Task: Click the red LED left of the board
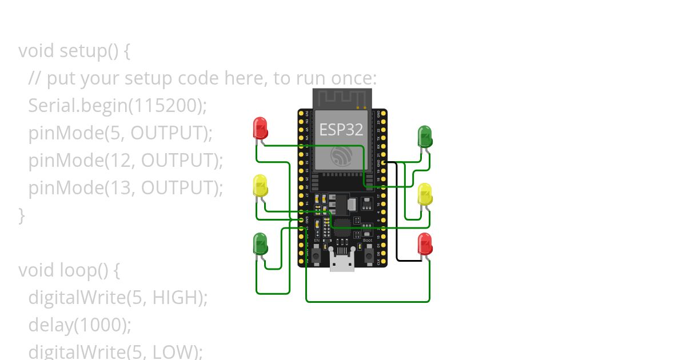coord(260,128)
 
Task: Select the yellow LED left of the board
coord(260,186)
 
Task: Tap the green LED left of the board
coord(260,243)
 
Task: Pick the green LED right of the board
coord(425,136)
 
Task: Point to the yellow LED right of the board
coord(425,194)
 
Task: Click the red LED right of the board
coord(425,243)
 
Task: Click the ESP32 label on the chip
coord(341,130)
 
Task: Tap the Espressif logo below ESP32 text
coord(341,155)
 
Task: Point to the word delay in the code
coord(50,325)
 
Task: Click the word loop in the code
coord(78,270)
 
